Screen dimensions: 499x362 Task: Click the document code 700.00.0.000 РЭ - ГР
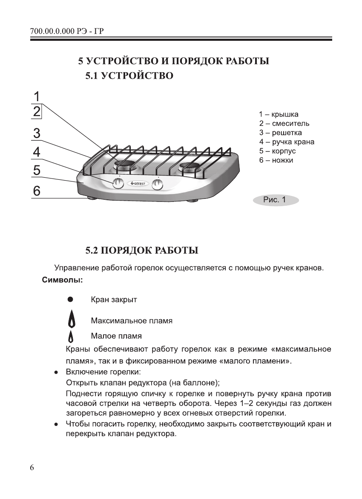tap(68, 32)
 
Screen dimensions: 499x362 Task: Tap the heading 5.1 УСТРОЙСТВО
tap(129, 77)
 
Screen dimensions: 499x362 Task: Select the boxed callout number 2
tap(37, 111)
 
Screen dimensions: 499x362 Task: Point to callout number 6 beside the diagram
tap(37, 192)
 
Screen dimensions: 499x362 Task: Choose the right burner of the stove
tap(190, 166)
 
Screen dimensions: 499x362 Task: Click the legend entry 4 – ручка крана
tap(287, 142)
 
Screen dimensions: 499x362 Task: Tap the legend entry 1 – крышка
tap(279, 114)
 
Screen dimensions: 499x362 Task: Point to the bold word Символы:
tap(62, 281)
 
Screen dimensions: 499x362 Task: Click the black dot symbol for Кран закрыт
tap(71, 300)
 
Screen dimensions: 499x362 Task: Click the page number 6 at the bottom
tap(32, 468)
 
